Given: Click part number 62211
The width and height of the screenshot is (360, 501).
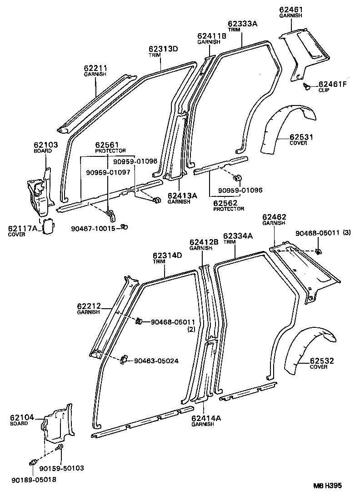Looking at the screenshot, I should pyautogui.click(x=95, y=68).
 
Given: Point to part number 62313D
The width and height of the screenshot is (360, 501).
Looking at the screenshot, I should pyautogui.click(x=163, y=49).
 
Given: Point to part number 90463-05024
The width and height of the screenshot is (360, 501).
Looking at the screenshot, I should pyautogui.click(x=156, y=361).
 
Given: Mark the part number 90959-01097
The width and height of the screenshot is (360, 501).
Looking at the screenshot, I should pyautogui.click(x=108, y=172).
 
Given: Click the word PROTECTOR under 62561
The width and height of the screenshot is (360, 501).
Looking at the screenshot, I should pyautogui.click(x=110, y=150).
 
